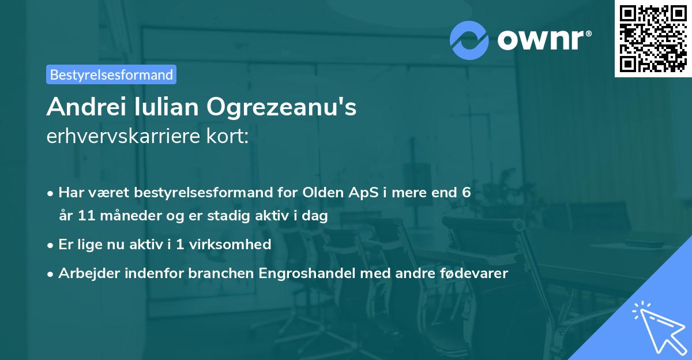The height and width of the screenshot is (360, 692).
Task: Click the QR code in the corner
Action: [x=653, y=39]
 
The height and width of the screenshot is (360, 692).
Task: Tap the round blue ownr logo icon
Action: [x=469, y=39]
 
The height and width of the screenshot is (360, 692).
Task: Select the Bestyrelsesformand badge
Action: [x=111, y=74]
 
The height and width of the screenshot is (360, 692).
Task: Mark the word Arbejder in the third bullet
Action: [x=85, y=273]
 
